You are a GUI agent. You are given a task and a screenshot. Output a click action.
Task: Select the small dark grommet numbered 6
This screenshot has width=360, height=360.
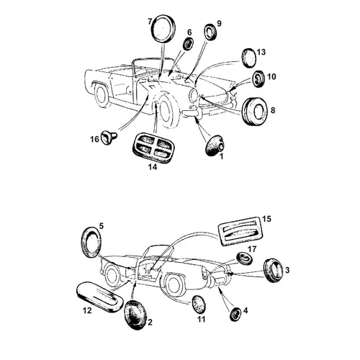pos(189,44)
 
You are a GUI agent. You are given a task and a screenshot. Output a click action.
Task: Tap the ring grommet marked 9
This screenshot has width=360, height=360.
pos(210,32)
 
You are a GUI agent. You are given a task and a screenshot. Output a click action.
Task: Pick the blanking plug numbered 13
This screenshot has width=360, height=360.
pos(248,57)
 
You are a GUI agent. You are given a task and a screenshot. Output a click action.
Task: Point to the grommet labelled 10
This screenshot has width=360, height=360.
pos(258,79)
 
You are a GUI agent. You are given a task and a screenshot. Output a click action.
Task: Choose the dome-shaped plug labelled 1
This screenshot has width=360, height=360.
pos(214,145)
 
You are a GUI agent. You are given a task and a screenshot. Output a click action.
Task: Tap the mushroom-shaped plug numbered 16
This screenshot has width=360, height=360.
pos(109,138)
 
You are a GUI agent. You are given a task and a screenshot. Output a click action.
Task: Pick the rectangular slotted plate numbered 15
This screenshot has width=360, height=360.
pos(241,230)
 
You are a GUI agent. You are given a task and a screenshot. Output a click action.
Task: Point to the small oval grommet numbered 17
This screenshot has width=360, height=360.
pos(245,258)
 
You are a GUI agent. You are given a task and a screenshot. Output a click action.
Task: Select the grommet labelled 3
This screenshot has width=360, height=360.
pos(273,271)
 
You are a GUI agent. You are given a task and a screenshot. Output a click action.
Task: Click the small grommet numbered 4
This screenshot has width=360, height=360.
pos(235,315)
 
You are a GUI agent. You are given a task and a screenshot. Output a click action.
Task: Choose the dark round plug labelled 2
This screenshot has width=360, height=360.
pos(136,314)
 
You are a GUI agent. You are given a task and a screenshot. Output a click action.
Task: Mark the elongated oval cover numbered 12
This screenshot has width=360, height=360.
pos(99,297)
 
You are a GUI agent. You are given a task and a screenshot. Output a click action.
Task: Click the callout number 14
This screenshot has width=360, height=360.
pos(153,167)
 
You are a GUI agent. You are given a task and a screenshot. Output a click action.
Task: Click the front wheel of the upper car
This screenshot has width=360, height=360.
pos(166,112)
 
